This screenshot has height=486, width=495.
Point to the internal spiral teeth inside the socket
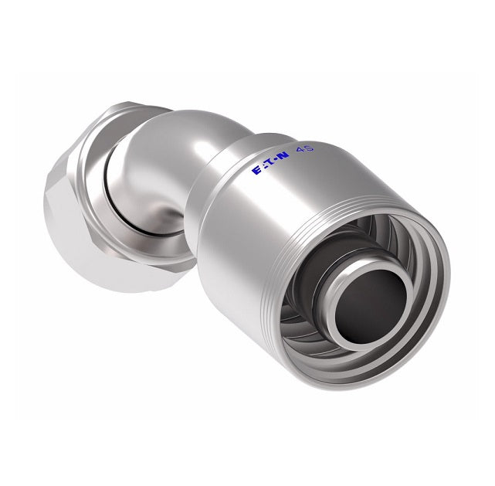[x=332, y=325]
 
